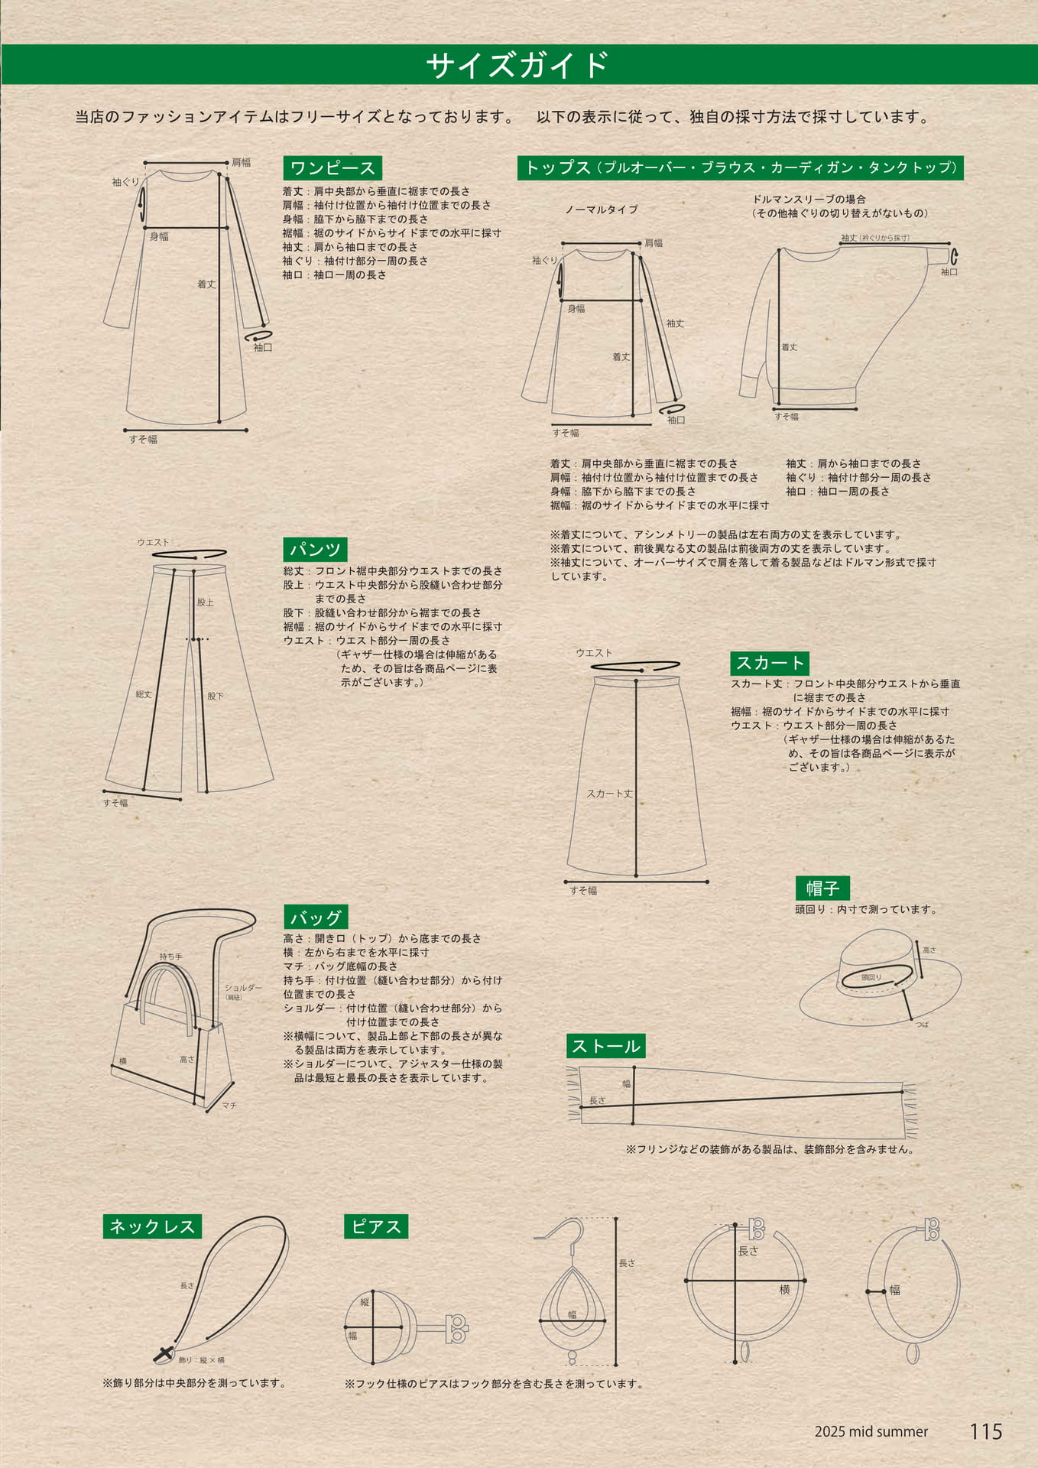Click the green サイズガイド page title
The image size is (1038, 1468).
[518, 65]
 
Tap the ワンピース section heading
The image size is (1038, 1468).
[332, 168]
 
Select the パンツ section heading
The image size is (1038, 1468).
[315, 549]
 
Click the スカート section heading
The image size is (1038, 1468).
[770, 663]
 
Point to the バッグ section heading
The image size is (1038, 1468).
[316, 917]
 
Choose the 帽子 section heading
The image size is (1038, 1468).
[822, 888]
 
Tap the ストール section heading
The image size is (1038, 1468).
[606, 1046]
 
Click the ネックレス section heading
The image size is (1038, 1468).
[152, 1226]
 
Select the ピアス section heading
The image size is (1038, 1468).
[376, 1226]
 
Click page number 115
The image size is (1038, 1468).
[986, 1432]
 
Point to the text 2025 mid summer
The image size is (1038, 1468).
[871, 1432]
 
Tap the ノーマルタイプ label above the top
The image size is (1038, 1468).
[602, 209]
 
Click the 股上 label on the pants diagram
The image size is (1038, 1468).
[206, 602]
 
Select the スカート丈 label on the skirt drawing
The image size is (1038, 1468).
[609, 794]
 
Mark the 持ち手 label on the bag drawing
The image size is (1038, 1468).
[171, 956]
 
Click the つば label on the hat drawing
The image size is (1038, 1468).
[922, 1024]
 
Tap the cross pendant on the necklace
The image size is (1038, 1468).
[163, 1354]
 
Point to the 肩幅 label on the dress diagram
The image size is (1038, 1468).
[242, 162]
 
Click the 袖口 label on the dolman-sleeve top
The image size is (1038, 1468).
[949, 272]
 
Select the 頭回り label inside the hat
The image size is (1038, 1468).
[871, 977]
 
